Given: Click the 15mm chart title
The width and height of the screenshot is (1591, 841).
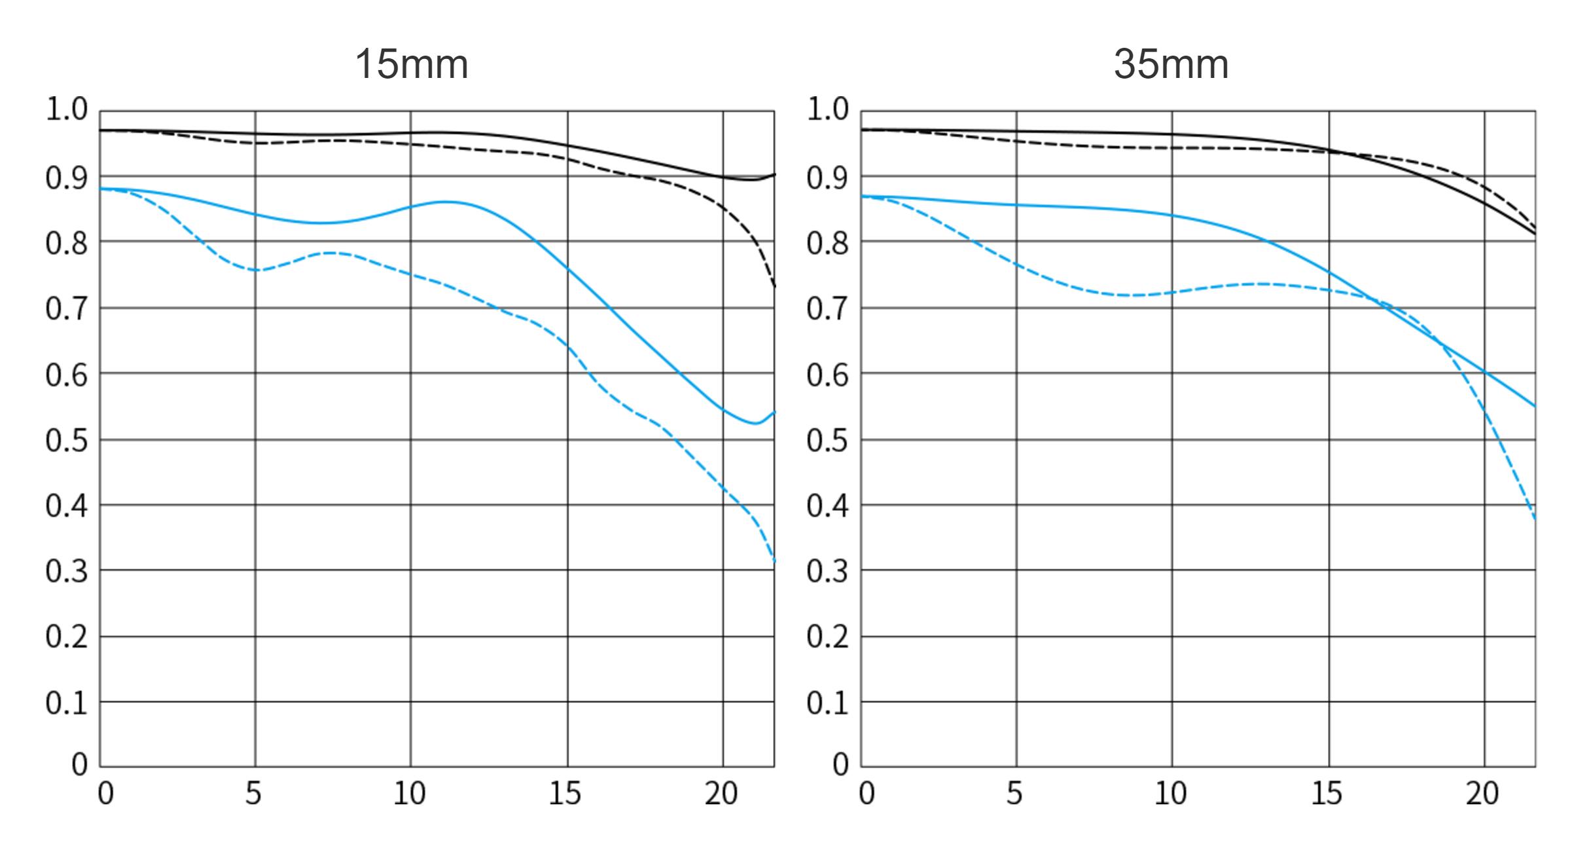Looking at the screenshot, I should coord(411,65).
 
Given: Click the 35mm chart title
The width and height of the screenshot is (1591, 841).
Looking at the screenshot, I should coord(1170,65).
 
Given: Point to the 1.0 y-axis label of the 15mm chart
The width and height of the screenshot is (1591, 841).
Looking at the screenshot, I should coord(66,110).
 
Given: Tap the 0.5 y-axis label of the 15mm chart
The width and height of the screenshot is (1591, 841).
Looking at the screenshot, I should coord(66,441).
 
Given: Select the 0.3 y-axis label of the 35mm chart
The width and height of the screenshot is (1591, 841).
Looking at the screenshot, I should coord(827,572).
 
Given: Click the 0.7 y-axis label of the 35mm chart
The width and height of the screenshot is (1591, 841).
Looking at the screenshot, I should coord(827,308).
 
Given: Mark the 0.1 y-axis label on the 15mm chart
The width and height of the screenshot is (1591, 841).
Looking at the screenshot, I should coord(66,703).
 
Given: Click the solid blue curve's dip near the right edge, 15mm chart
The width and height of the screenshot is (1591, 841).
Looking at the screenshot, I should coord(755,423).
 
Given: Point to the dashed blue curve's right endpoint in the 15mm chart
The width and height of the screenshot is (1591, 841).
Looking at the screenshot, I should coord(774,561).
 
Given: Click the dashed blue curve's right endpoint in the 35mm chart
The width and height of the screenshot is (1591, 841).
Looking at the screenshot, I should coord(1535,519).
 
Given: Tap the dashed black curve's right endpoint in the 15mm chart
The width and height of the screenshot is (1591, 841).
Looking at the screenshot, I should coord(774,286).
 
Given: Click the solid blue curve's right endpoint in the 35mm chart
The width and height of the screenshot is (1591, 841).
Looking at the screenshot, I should coord(1535,406).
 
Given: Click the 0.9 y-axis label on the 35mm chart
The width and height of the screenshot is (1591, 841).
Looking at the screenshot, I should coord(827,178).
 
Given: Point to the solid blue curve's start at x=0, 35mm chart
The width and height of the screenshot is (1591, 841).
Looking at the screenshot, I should coord(862,196).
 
